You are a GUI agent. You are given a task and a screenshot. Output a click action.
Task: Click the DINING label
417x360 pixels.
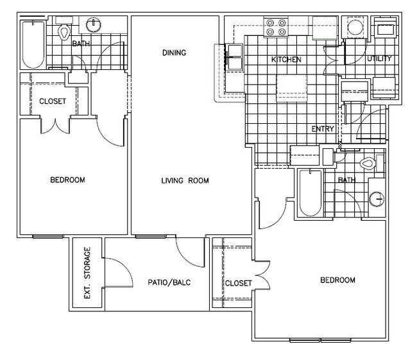click(174, 53)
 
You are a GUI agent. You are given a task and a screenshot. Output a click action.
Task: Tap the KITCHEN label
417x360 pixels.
click(286, 60)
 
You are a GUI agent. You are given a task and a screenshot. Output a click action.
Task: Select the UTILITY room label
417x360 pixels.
click(380, 59)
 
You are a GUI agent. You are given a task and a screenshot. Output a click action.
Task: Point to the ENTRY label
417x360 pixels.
click(323, 129)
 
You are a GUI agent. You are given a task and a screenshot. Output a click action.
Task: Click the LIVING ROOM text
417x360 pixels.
click(185, 180)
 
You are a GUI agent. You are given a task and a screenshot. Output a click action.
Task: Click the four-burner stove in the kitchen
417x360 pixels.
click(277, 28)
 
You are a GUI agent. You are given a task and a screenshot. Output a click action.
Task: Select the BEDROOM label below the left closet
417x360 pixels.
click(67, 180)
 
